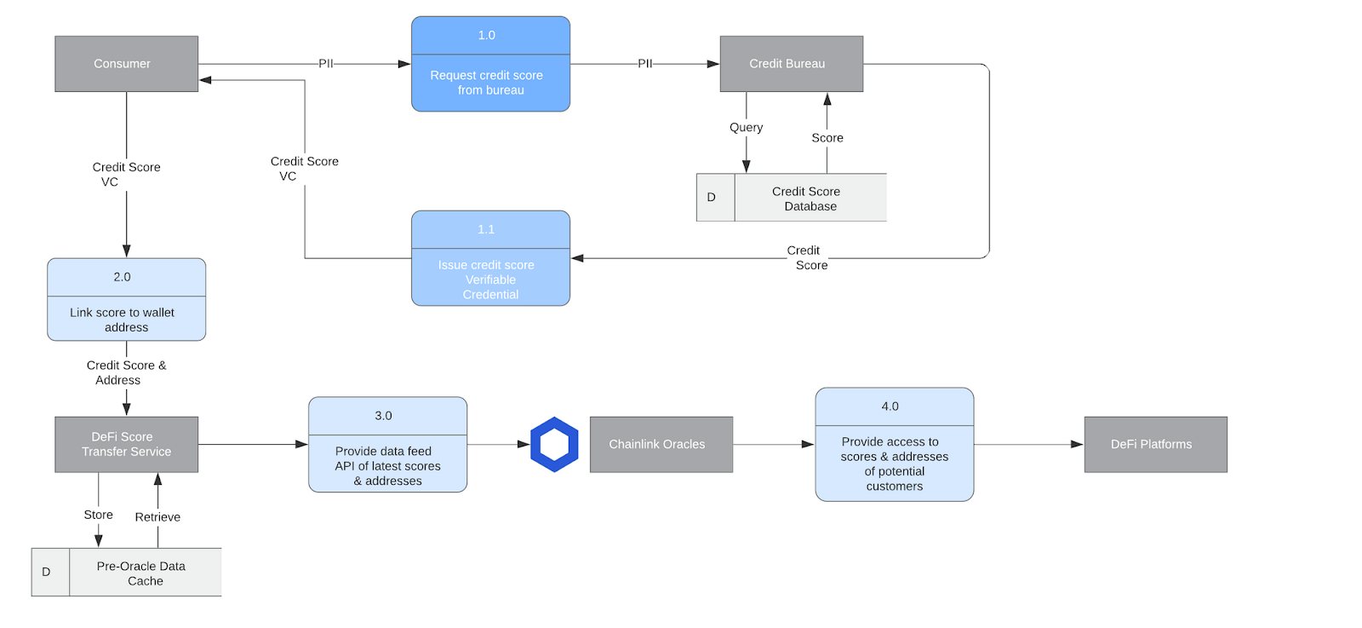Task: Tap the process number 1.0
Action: pyautogui.click(x=486, y=35)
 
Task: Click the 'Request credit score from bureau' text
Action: pyautogui.click(x=487, y=83)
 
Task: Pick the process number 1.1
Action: pyautogui.click(x=486, y=229)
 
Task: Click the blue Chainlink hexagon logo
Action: pyautogui.click(x=554, y=444)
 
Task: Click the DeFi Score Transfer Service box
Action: pyautogui.click(x=126, y=444)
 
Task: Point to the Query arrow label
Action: pyautogui.click(x=746, y=127)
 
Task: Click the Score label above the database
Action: pyautogui.click(x=827, y=137)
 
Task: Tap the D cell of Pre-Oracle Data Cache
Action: pyautogui.click(x=47, y=572)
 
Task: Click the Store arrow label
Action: pyautogui.click(x=98, y=515)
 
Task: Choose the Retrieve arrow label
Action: pyautogui.click(x=157, y=517)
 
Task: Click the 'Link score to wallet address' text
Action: pyautogui.click(x=123, y=320)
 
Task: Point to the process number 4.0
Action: pyautogui.click(x=890, y=406)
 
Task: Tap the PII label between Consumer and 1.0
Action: pyautogui.click(x=325, y=64)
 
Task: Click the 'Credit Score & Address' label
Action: pyautogui.click(x=125, y=372)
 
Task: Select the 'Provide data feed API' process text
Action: pyautogui.click(x=387, y=465)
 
